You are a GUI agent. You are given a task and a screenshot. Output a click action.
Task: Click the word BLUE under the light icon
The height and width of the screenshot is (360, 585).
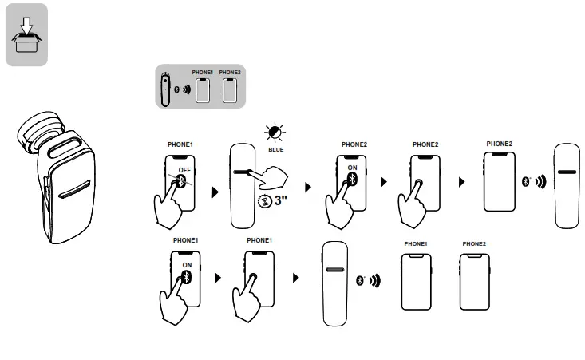pos(275,148)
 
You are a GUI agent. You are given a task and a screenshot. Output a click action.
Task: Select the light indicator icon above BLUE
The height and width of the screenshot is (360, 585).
pos(276,133)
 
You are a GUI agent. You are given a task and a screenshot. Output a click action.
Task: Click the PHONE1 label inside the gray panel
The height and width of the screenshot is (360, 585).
pos(203,73)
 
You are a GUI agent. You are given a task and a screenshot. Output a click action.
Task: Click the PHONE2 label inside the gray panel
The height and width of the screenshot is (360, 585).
pos(230,73)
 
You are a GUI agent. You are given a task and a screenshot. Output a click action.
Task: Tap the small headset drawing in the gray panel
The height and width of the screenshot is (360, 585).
pos(165,89)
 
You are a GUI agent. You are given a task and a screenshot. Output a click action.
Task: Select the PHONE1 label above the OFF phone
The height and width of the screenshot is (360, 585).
pos(180,144)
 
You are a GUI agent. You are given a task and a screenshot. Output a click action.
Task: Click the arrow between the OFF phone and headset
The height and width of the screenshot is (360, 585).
pos(214,193)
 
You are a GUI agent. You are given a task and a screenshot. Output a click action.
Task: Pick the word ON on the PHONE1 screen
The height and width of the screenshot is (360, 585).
pos(188,264)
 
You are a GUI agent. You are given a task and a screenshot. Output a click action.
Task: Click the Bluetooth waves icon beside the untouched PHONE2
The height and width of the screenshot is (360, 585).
pos(534,181)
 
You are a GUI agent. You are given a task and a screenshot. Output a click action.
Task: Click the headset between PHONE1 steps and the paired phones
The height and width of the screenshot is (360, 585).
pos(335,283)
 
